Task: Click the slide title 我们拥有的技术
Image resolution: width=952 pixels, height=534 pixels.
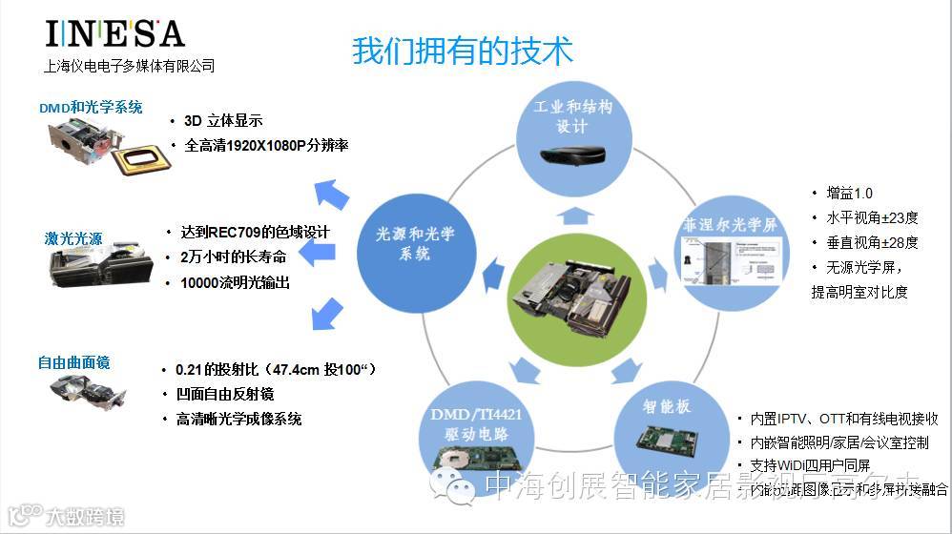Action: click(463, 50)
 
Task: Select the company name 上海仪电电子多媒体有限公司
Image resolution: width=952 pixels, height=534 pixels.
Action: click(130, 66)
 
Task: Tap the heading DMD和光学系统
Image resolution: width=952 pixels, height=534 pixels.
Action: click(91, 107)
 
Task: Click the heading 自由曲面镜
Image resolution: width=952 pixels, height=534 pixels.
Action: click(73, 362)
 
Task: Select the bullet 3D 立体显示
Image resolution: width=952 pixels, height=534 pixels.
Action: click(222, 121)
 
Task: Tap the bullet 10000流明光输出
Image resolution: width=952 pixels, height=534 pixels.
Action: click(235, 282)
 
